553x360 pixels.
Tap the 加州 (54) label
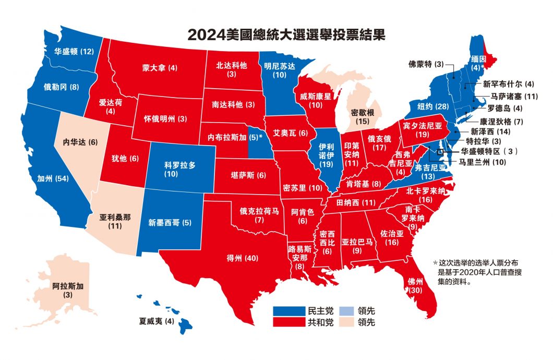pyautogui.click(x=54, y=177)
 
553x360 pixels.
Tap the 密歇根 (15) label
pyautogui.click(x=362, y=116)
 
